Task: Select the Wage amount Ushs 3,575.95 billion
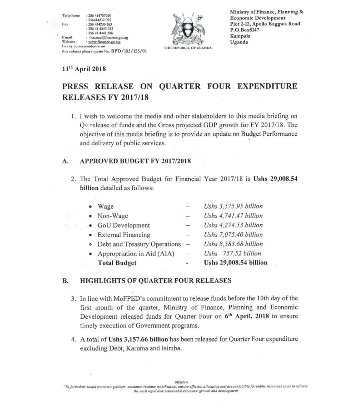(233, 206)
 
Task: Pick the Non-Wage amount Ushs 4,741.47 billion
(233, 216)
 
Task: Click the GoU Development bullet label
(124, 225)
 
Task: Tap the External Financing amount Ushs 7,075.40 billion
(233, 235)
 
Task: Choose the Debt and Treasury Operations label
(139, 244)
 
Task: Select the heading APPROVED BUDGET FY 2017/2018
(136, 161)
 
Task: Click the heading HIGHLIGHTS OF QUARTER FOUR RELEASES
(156, 281)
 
